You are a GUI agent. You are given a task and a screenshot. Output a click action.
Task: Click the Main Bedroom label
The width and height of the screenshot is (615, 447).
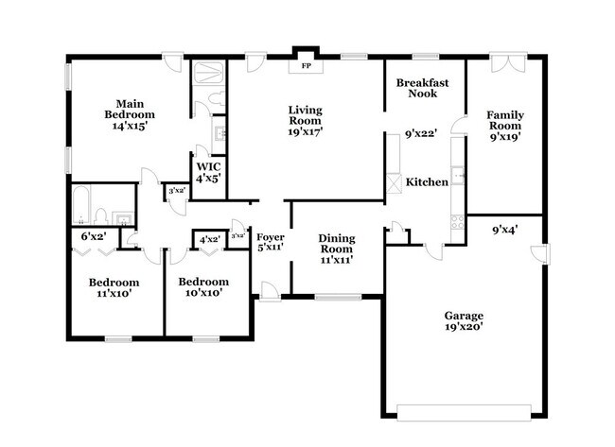(x=129, y=114)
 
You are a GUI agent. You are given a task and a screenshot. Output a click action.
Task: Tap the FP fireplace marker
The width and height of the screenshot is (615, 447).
(x=306, y=67)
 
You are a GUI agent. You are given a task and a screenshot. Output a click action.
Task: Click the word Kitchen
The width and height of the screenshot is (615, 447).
(x=427, y=182)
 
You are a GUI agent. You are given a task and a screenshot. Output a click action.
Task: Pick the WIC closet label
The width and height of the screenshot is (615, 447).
(x=208, y=171)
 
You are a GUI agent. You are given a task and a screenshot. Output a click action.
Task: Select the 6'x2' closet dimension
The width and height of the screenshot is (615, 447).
(x=93, y=235)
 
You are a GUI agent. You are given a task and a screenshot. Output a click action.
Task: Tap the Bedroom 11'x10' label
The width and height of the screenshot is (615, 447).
(x=114, y=287)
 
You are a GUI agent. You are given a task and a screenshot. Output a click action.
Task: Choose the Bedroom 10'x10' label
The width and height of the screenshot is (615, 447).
(x=203, y=287)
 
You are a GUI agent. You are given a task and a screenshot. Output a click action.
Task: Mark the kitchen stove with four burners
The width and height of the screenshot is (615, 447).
(x=458, y=223)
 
